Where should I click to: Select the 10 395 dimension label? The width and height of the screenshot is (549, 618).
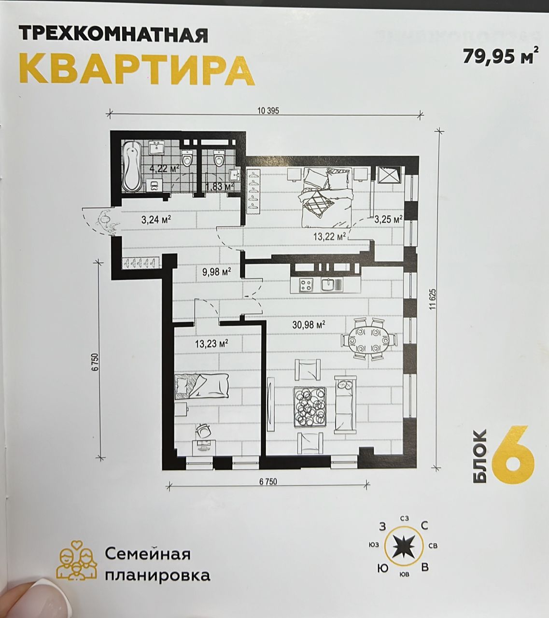pyautogui.click(x=268, y=111)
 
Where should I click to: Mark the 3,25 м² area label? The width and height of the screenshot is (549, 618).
pyautogui.click(x=388, y=219)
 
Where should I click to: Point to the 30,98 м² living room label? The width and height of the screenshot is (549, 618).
pyautogui.click(x=308, y=324)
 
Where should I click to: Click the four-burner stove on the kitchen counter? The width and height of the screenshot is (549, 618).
pyautogui.click(x=306, y=285)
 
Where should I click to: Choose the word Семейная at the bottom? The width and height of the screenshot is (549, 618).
pyautogui.click(x=148, y=554)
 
